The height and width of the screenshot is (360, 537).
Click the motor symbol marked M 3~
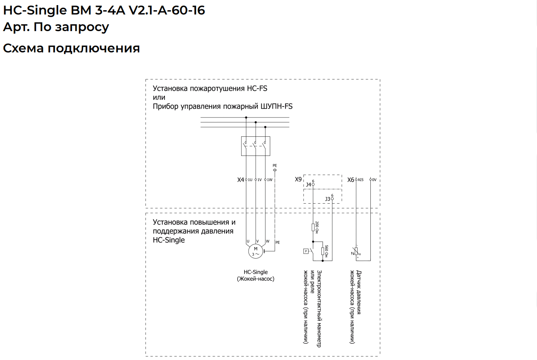click(256, 251)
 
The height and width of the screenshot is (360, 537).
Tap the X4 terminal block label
click(240, 180)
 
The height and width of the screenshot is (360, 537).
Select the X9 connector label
click(298, 179)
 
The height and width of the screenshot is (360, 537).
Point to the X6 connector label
click(351, 180)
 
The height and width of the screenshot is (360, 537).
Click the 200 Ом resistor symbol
click(313, 228)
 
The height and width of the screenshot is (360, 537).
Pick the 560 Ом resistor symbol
click(323, 251)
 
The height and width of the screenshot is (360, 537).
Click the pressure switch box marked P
click(306, 251)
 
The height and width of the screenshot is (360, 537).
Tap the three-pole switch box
click(256, 146)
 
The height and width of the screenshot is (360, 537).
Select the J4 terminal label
click(309, 184)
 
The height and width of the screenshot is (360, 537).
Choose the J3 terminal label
click(327, 199)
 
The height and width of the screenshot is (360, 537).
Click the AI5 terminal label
click(361, 180)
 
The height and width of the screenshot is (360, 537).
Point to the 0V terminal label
click(374, 180)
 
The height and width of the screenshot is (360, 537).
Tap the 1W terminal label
click(270, 180)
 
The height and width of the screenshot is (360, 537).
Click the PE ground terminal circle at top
click(275, 170)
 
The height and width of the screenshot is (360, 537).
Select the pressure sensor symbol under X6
click(356, 251)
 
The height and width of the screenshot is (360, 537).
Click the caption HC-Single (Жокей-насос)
click(256, 275)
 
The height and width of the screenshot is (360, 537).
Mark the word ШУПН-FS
click(277, 106)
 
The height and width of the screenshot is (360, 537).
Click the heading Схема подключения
click(71, 48)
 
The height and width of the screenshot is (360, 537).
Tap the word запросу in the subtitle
click(82, 27)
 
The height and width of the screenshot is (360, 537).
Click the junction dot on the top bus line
click(246, 118)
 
